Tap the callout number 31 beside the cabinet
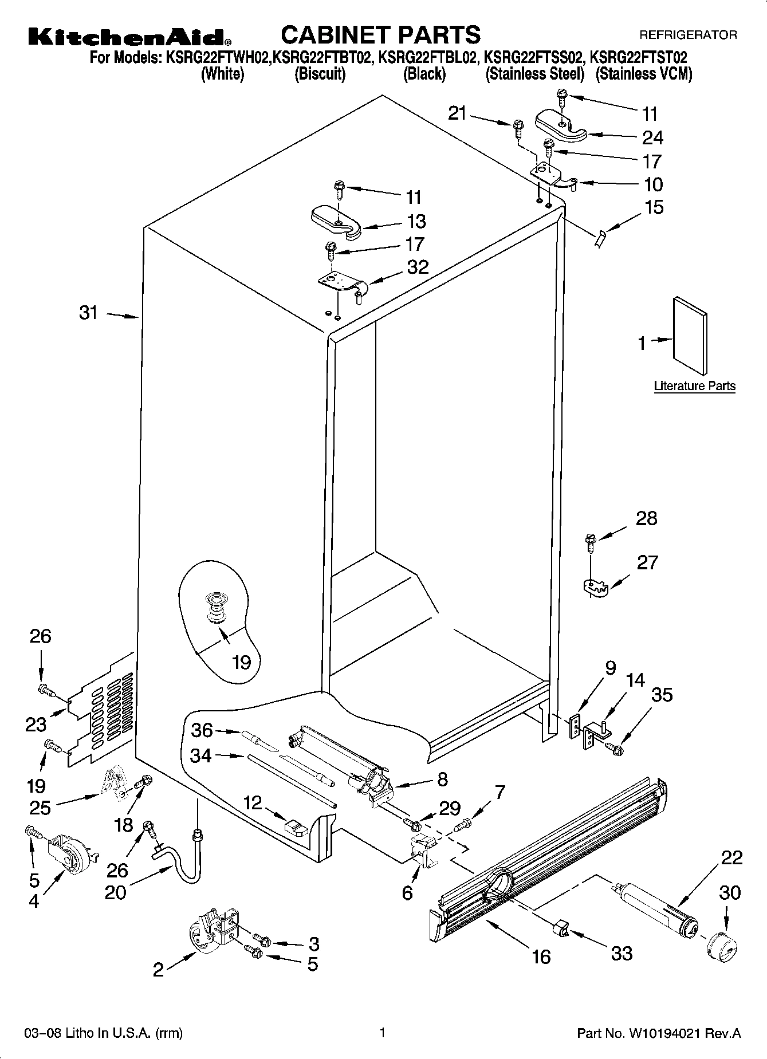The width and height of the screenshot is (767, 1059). pos(89,313)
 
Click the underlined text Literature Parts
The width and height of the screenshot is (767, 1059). pos(694,386)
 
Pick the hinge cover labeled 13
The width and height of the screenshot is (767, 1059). pos(335,221)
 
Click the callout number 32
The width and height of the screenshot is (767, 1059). pos(418,267)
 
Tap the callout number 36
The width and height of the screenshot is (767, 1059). pos(202,730)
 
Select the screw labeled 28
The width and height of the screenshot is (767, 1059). pos(590,541)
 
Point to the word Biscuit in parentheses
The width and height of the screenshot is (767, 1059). pos(320,74)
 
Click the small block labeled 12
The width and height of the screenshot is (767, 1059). pos(296,828)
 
